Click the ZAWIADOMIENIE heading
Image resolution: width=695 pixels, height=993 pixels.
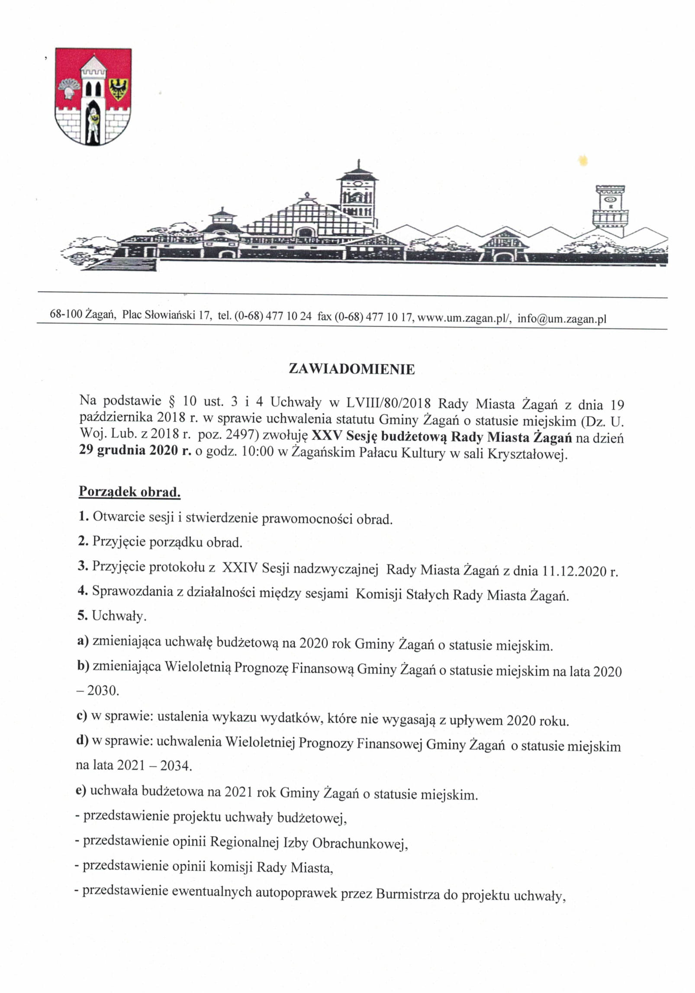tap(351, 369)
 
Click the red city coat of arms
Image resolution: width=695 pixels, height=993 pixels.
tap(93, 96)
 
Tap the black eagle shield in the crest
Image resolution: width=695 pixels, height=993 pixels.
tap(117, 89)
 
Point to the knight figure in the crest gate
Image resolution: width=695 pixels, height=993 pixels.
tap(93, 123)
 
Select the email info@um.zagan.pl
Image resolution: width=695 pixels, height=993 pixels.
tap(562, 319)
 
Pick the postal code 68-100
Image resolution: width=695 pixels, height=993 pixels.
tap(66, 314)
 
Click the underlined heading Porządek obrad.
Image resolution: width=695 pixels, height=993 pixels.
tap(129, 492)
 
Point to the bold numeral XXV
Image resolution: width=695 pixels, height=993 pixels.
tap(327, 435)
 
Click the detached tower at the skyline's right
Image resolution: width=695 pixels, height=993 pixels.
tap(610, 210)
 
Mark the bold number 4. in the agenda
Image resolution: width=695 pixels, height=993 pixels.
tap(83, 591)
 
